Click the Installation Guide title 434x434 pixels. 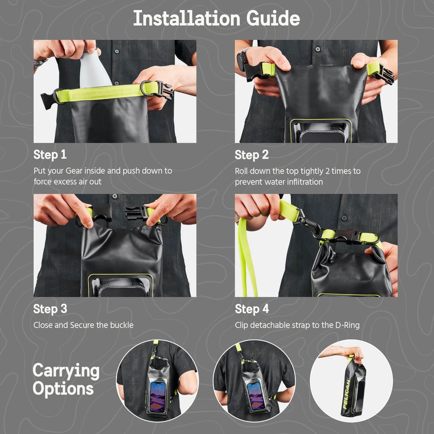click(x=217, y=18)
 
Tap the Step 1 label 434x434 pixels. click(x=50, y=155)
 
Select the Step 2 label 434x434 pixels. click(x=252, y=155)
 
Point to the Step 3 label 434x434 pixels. click(x=50, y=309)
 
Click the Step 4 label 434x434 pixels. click(x=252, y=309)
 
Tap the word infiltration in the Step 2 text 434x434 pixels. click(x=305, y=182)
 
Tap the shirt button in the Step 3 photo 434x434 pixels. click(x=115, y=197)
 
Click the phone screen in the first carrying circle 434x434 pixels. click(x=158, y=396)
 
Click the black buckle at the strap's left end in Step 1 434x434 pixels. click(x=48, y=100)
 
